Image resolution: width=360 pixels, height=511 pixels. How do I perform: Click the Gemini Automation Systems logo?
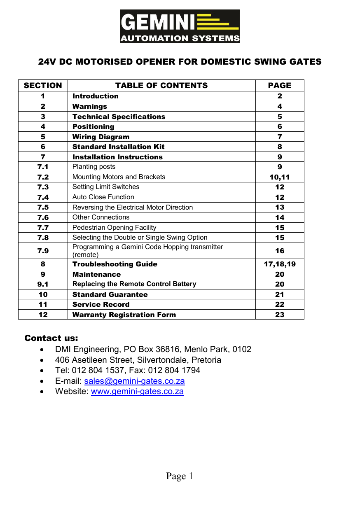[180, 26]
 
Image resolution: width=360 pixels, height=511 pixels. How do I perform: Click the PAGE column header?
[280, 86]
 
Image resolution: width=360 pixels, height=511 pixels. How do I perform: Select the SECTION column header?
[43, 86]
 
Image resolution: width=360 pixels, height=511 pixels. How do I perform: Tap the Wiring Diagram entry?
[101, 137]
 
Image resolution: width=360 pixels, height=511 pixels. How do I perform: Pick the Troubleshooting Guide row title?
[115, 264]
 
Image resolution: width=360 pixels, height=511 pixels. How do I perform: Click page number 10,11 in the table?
[280, 177]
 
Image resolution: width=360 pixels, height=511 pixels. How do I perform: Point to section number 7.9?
[43, 251]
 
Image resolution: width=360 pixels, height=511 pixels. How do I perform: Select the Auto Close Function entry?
[103, 197]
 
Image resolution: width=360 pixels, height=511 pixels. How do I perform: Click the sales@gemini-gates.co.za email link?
[134, 381]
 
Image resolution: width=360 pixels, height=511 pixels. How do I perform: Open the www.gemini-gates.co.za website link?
[137, 391]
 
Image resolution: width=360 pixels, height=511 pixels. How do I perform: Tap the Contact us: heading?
[51, 338]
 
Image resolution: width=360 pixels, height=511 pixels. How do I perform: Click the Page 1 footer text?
[180, 476]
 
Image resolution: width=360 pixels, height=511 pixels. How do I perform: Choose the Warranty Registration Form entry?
[124, 315]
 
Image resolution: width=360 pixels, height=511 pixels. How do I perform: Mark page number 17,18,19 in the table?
[280, 264]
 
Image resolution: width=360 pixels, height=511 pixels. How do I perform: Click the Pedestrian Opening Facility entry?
[115, 227]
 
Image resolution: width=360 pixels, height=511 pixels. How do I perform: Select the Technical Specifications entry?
[119, 117]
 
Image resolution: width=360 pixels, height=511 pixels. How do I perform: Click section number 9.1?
[43, 284]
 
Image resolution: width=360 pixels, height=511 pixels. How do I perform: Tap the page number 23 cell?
[280, 315]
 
